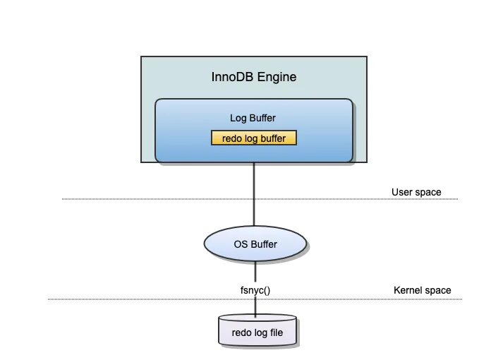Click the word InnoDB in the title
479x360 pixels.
click(x=231, y=77)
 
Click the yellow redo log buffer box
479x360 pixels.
click(x=254, y=138)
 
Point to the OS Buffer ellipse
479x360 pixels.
click(x=255, y=244)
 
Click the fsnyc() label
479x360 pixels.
click(x=255, y=289)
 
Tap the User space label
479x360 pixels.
click(x=416, y=192)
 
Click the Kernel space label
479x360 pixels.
click(x=421, y=290)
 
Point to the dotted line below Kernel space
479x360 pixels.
click(x=141, y=299)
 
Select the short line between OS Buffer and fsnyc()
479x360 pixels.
click(x=255, y=272)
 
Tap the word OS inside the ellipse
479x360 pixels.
click(x=239, y=244)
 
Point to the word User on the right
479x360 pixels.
click(x=402, y=192)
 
